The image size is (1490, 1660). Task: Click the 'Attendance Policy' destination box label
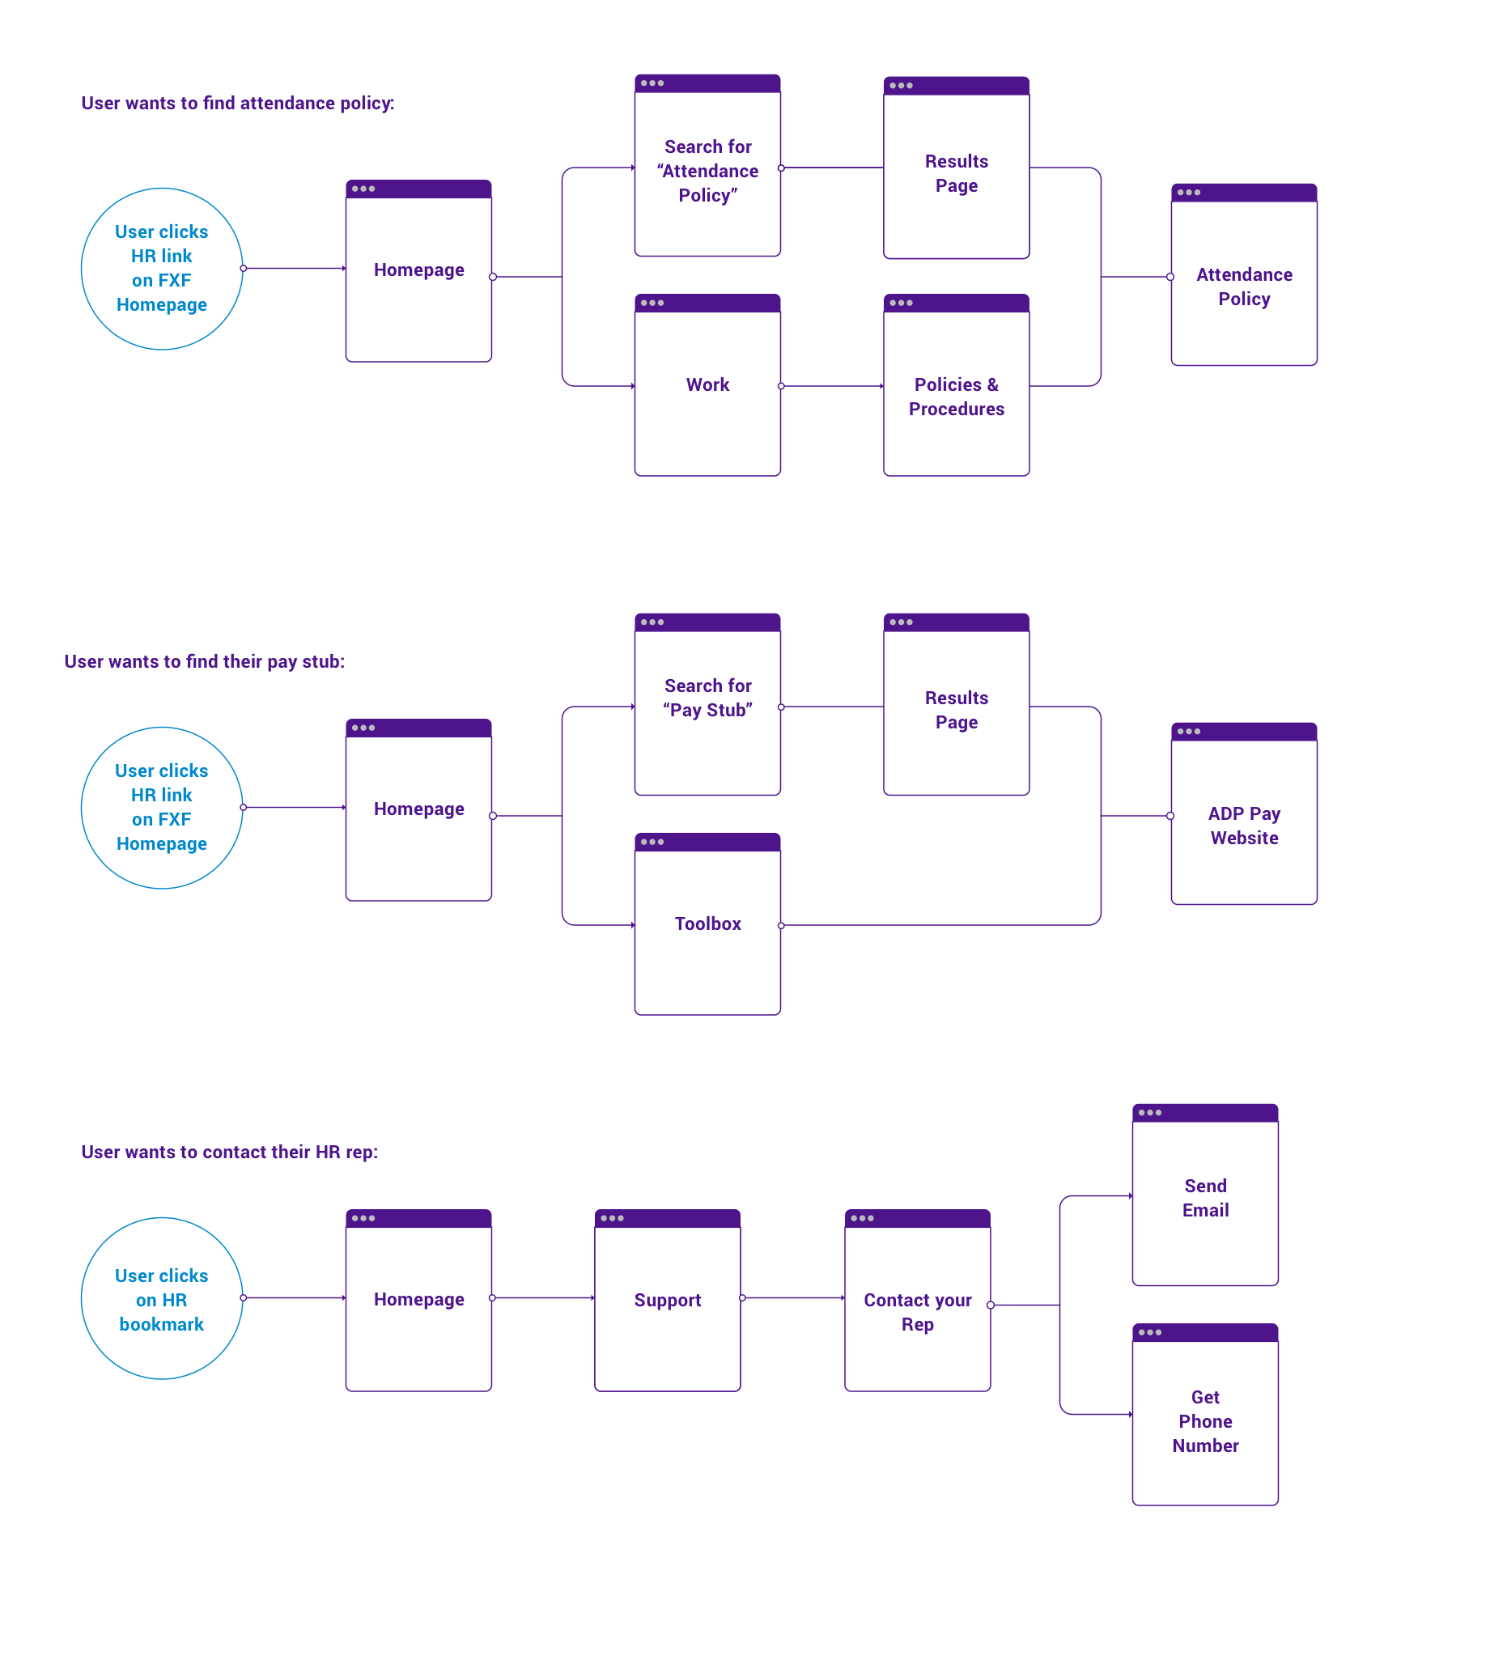1244,287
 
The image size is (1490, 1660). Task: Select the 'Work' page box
707,384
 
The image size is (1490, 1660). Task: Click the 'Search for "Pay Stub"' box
707,698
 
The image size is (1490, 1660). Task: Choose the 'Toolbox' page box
707,923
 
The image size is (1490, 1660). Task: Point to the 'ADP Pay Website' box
1244,825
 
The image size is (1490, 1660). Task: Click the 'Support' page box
667,1300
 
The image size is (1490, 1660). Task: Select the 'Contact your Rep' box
917,1311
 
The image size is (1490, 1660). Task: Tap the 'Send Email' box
1205,1198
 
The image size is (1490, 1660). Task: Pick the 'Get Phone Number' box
1205,1421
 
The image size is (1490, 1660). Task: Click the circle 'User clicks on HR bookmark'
162,1299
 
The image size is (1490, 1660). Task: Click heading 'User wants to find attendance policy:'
237,103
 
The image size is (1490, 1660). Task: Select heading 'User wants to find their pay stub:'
205,661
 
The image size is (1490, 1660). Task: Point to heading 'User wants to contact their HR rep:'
229,1152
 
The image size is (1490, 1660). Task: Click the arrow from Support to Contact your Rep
792,1297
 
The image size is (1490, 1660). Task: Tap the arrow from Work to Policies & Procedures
831,385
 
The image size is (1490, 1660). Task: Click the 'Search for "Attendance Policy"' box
707,171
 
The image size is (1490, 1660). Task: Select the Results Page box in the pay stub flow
956,710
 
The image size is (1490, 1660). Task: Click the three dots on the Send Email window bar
1149,1112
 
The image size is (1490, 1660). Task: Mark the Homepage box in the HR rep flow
418,1300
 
